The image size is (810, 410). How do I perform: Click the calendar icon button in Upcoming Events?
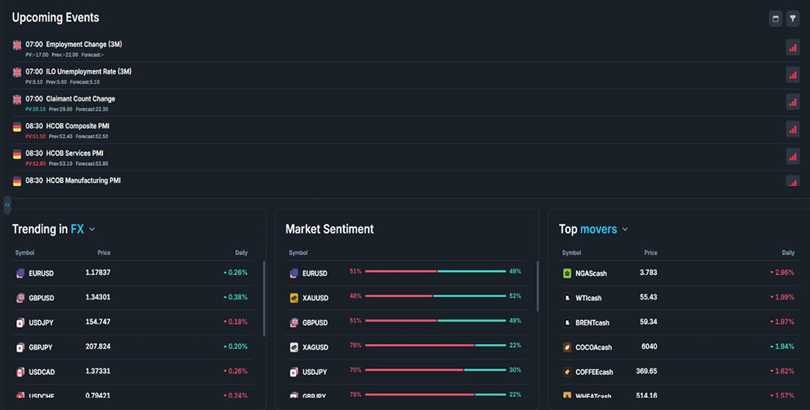click(775, 19)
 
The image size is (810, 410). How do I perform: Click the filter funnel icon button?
click(792, 19)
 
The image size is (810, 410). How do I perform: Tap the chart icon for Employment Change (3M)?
click(792, 47)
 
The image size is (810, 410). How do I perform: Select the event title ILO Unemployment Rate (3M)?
click(88, 71)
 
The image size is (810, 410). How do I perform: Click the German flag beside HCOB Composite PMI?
click(17, 126)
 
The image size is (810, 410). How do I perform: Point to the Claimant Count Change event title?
click(80, 98)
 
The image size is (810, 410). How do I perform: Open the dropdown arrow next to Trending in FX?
click(92, 229)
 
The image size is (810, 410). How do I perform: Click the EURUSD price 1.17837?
click(98, 273)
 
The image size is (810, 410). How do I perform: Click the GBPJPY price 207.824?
click(98, 346)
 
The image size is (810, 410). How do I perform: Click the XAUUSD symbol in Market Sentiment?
click(315, 298)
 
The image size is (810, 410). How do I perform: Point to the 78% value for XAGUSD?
click(355, 346)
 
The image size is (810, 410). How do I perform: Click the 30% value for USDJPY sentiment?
click(515, 370)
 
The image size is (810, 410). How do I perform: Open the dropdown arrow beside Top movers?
click(625, 229)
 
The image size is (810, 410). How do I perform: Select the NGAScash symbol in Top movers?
click(591, 274)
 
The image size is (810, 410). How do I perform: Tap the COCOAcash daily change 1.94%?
click(782, 346)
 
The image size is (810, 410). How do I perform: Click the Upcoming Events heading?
click(56, 18)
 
